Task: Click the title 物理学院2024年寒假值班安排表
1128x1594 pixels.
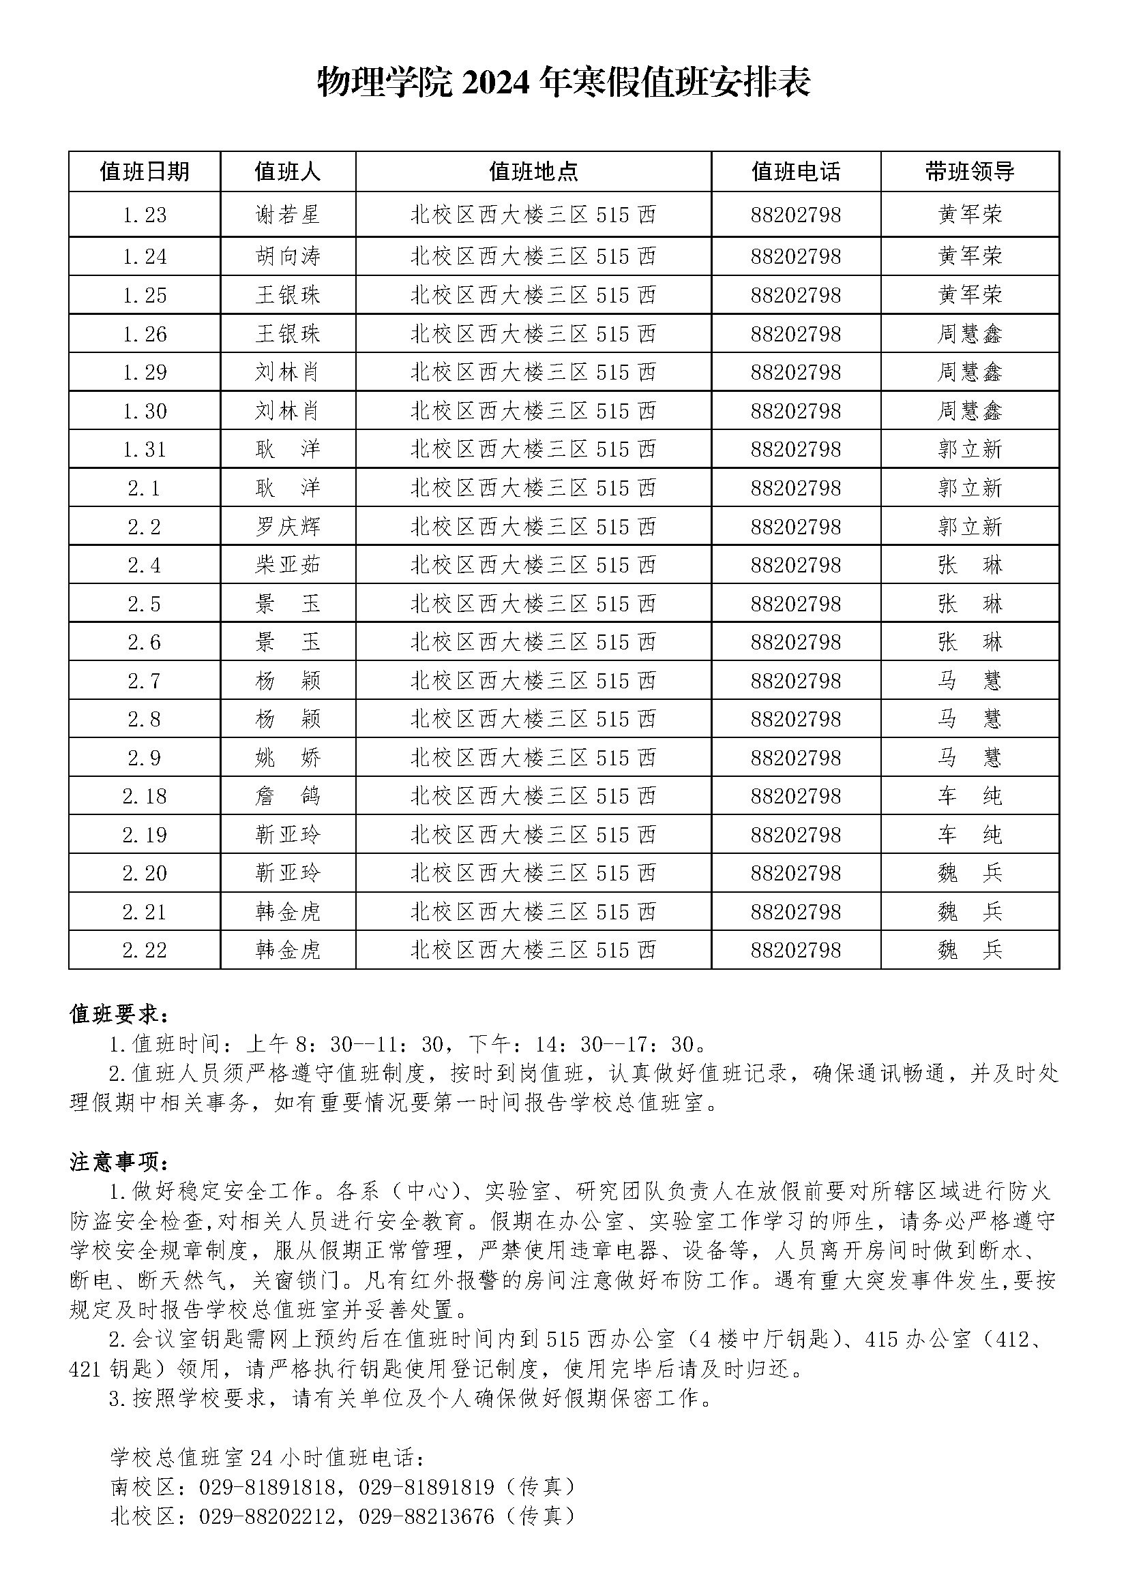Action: (x=563, y=83)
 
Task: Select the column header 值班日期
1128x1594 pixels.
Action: (x=145, y=172)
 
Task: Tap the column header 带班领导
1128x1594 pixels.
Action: (x=970, y=172)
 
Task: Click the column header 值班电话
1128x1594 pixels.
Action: (x=796, y=172)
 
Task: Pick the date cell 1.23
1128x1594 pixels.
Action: (x=145, y=215)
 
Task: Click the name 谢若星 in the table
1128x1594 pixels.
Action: (x=288, y=215)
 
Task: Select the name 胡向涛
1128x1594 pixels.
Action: (x=288, y=257)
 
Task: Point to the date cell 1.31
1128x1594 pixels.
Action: (x=145, y=450)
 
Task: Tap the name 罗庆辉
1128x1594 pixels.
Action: (x=288, y=527)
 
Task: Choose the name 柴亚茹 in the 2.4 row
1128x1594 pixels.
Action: (x=288, y=565)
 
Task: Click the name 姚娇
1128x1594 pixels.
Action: (x=288, y=757)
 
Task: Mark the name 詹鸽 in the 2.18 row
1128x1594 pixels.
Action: (x=288, y=795)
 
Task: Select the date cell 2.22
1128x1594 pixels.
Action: (x=145, y=950)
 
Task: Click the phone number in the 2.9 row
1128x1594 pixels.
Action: (x=796, y=757)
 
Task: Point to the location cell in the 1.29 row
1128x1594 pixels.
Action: (x=533, y=373)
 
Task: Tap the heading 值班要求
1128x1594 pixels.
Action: (x=119, y=1014)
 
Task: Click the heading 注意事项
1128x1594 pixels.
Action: (x=119, y=1161)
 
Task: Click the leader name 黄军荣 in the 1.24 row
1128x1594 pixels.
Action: (x=970, y=257)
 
